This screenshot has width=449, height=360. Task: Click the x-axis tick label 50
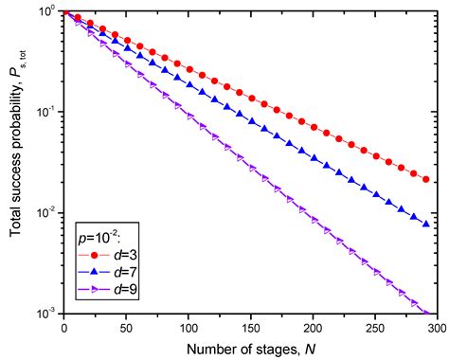tap(126, 327)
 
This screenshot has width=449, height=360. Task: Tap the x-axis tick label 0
tap(63, 327)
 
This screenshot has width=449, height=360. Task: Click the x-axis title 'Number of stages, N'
tap(250, 348)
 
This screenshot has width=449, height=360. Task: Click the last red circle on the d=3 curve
tap(425, 179)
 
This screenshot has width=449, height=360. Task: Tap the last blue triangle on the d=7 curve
tap(425, 225)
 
